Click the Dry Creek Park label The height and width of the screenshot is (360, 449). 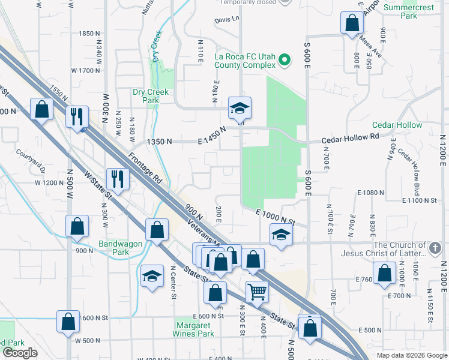click(146, 96)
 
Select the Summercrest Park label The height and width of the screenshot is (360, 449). click(409, 12)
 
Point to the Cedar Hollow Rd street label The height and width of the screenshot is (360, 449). click(351, 137)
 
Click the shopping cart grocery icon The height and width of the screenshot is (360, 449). click(257, 292)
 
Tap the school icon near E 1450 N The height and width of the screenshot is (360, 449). click(240, 108)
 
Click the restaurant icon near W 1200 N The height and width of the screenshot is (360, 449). click(118, 178)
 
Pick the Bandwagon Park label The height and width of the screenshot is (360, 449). click(113, 248)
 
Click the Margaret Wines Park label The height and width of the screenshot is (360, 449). click(193, 329)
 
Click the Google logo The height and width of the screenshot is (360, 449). click(20, 353)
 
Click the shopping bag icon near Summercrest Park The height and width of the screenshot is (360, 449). click(352, 23)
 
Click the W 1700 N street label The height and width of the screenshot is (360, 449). click(85, 70)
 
